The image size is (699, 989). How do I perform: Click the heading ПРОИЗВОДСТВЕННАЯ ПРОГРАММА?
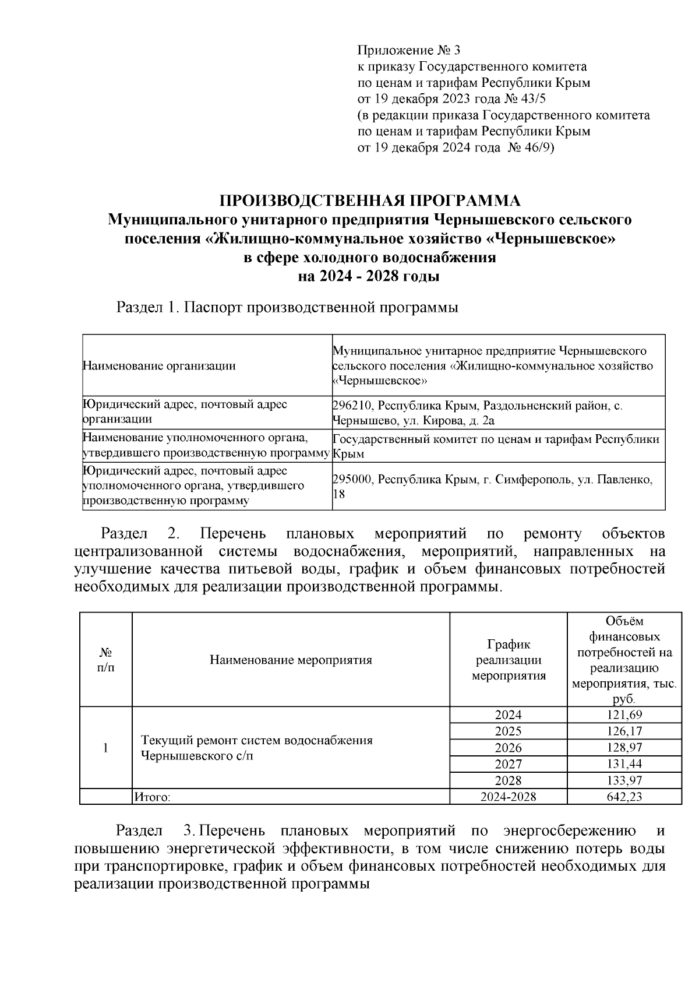[369, 202]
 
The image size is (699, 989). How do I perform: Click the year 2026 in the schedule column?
[508, 748]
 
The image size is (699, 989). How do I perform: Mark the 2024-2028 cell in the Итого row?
[508, 797]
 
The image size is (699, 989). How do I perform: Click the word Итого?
[152, 797]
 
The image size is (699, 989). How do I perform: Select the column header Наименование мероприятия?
[291, 660]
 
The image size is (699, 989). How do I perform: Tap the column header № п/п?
[105, 660]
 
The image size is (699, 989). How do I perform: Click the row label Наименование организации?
[160, 366]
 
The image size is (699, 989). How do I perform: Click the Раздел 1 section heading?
[287, 307]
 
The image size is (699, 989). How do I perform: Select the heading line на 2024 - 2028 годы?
[369, 276]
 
